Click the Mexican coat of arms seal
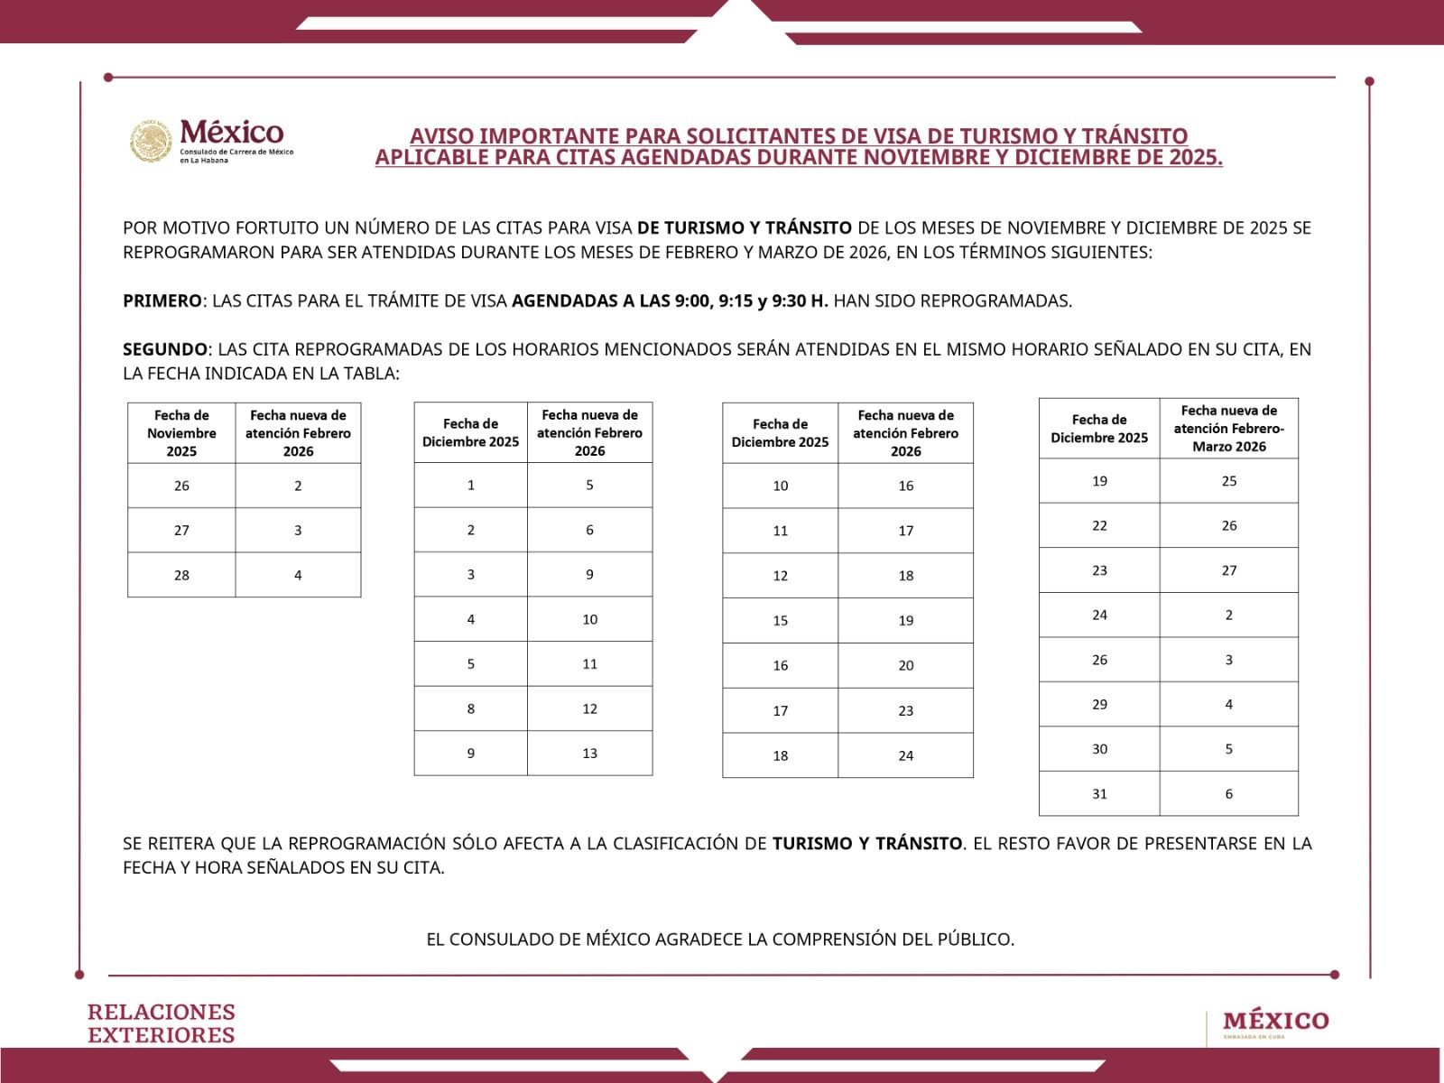tap(151, 142)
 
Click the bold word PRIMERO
tap(162, 301)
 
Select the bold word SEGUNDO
tap(165, 349)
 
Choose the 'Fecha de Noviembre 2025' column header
tap(181, 433)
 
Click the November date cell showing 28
tap(181, 575)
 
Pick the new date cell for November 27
tap(298, 531)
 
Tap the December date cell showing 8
tap(470, 708)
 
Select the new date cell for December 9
tap(589, 754)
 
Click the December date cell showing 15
tap(780, 621)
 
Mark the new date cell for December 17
tap(905, 711)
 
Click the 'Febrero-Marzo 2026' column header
tap(1228, 429)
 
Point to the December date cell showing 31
tap(1099, 794)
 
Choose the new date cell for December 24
tap(1228, 616)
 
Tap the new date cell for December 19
tap(1228, 481)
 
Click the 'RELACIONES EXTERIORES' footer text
tap(162, 1023)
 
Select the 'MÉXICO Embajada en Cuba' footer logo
tap(1275, 1023)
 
